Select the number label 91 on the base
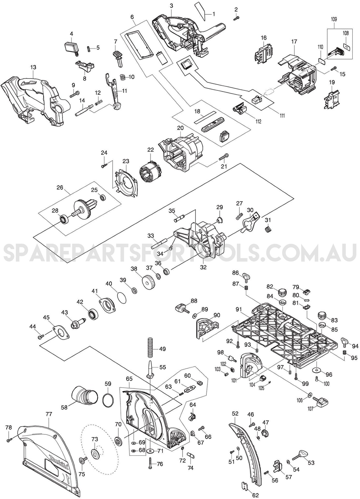(239, 309)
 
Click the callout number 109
(334, 19)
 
